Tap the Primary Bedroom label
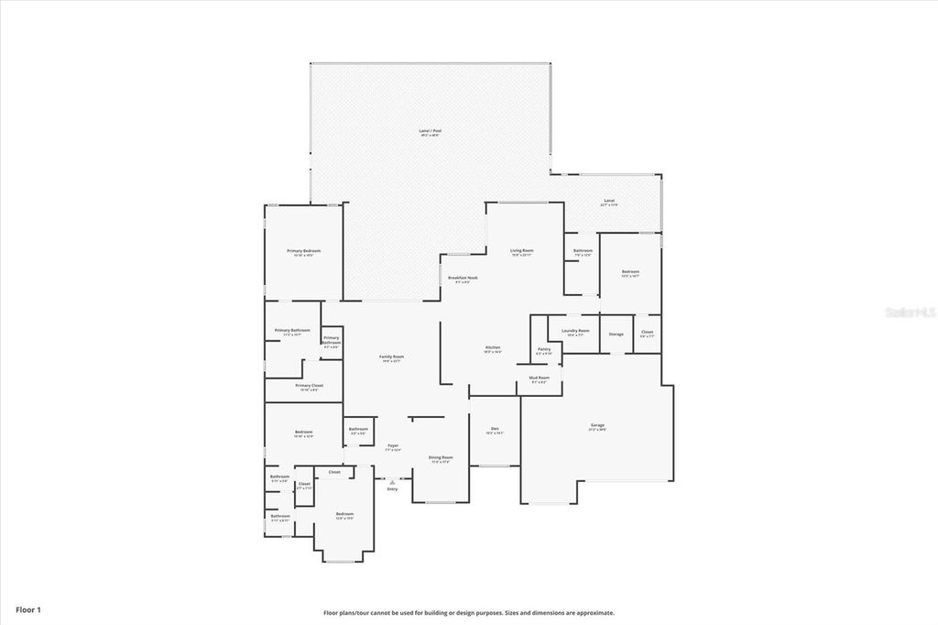coord(303,251)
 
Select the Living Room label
coord(522,250)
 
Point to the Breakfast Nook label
coord(463,278)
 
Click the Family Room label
coord(392,357)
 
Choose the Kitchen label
coord(493,348)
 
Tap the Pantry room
coord(544,349)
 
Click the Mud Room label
coord(539,378)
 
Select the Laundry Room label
coord(575,331)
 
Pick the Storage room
coord(616,334)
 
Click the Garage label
coord(597,425)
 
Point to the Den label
coord(495,429)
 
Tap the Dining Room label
coord(442,457)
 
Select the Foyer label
coord(393,445)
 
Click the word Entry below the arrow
coord(393,489)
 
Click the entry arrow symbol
coord(393,481)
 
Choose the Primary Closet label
coord(309,386)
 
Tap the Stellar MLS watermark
coord(909,312)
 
